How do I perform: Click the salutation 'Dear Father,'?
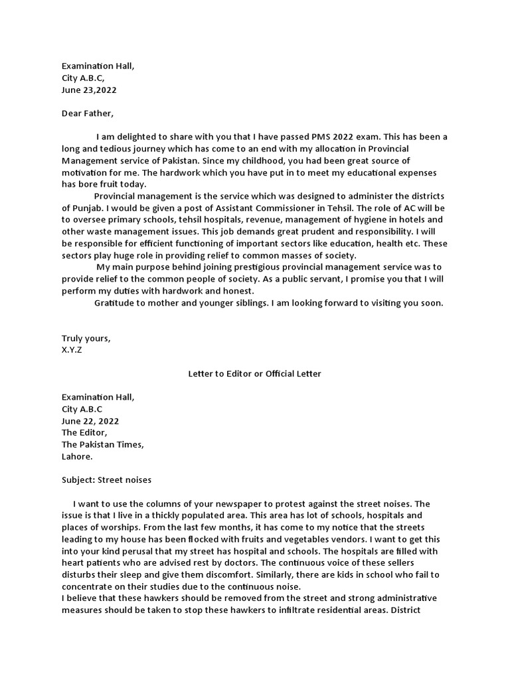pyautogui.click(x=88, y=114)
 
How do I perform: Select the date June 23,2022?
pyautogui.click(x=89, y=90)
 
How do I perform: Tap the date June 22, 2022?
pyautogui.click(x=90, y=421)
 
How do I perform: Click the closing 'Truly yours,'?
pyautogui.click(x=86, y=338)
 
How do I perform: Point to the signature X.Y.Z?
pyautogui.click(x=72, y=350)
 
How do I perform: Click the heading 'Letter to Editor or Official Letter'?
pyautogui.click(x=254, y=374)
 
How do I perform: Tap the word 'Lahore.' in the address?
pyautogui.click(x=78, y=457)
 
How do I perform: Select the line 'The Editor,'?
pyautogui.click(x=84, y=433)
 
